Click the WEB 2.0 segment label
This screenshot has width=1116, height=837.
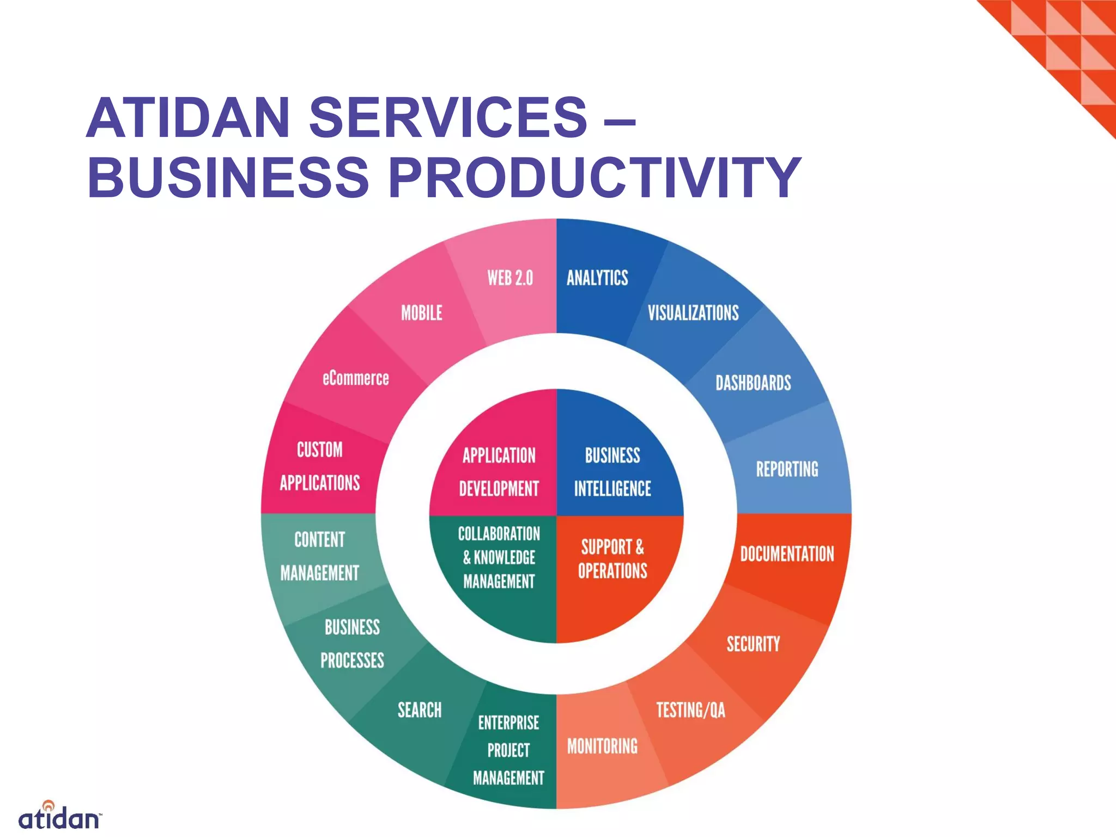(510, 278)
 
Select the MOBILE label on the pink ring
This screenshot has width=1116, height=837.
(422, 313)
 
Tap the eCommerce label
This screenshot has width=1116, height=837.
(355, 378)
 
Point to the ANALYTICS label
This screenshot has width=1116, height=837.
(597, 278)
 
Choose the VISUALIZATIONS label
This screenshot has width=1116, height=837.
(693, 313)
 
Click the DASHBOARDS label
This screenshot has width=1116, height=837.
(753, 383)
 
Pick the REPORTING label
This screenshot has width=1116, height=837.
(787, 469)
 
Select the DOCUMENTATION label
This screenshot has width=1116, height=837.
(787, 554)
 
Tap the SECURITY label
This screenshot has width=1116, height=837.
(753, 644)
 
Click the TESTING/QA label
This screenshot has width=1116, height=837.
(690, 710)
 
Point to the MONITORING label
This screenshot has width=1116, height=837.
(602, 746)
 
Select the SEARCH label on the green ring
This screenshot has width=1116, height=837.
(420, 710)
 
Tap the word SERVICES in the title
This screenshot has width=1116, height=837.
(448, 117)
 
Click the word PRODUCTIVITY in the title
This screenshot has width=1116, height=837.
(594, 177)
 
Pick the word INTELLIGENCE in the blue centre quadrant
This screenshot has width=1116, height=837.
(612, 489)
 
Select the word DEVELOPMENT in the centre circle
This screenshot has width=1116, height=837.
(499, 489)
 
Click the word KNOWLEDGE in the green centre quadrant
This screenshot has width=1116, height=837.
(505, 557)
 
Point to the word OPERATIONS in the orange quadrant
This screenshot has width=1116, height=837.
(612, 571)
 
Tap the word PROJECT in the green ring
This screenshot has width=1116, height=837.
(508, 750)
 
